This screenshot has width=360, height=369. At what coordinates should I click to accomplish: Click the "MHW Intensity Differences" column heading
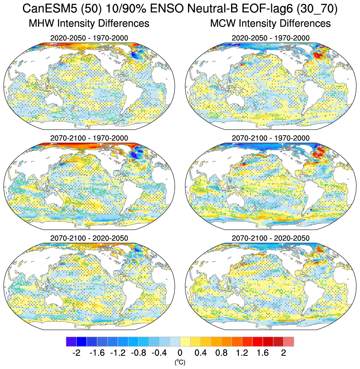point(89,23)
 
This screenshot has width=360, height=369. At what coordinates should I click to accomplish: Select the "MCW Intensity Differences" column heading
point(270,23)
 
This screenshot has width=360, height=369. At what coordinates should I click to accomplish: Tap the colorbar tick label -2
point(76,353)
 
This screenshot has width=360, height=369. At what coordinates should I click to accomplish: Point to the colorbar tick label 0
point(180,353)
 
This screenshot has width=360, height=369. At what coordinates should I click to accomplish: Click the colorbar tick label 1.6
point(262,353)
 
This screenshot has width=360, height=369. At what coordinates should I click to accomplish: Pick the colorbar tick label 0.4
point(201,353)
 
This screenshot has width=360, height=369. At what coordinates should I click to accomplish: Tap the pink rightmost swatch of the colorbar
point(289,342)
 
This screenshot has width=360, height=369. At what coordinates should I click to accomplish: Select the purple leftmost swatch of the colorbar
point(71,342)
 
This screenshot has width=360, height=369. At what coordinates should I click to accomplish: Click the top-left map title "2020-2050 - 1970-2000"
point(89,38)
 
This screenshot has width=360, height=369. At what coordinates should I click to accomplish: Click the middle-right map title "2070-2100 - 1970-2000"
point(270,138)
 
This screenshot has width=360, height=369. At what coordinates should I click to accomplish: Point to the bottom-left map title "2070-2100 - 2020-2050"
point(89,238)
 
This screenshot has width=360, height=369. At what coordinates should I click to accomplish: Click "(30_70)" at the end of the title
point(316,9)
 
